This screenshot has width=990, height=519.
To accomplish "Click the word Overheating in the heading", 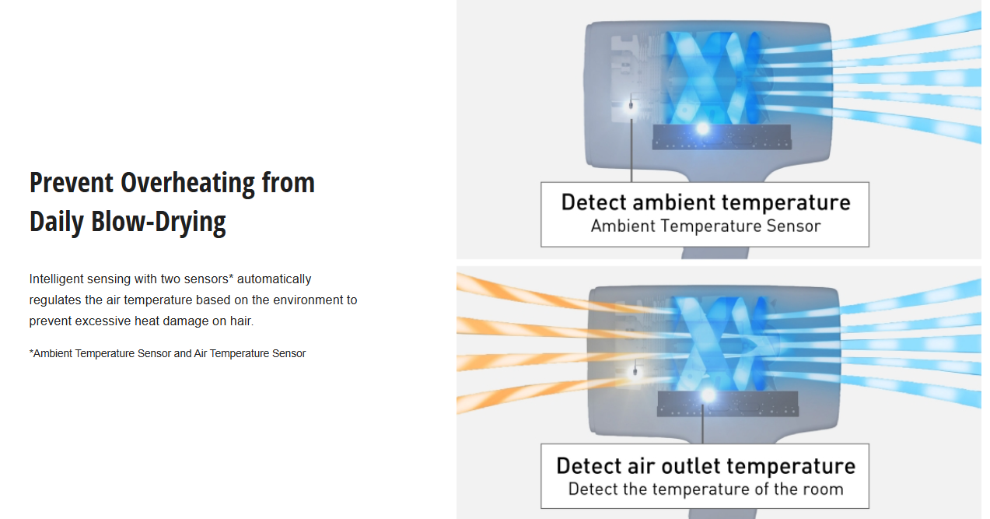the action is coord(187,184).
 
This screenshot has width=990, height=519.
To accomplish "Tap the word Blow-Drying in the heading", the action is coord(158,223).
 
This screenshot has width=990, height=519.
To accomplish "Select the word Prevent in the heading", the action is coord(71,183).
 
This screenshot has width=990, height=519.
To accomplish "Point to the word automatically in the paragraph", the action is coord(274,279).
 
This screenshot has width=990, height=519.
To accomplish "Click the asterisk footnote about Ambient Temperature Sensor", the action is coord(167,354).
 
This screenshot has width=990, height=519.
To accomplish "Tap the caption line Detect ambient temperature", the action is coord(706,203).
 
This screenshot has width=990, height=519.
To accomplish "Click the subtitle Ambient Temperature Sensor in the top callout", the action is coord(706,226).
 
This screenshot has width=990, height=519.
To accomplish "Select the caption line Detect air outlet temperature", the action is coord(706,466).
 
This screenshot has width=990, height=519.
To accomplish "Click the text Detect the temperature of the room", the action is coord(706,489).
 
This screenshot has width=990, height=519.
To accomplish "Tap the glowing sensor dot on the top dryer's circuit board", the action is coord(702,129).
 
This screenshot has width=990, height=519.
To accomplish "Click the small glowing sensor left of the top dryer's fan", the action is coord(631,106).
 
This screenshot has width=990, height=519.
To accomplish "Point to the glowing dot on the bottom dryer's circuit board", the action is coord(708,395).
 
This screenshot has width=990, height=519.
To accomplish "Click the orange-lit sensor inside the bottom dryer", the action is coord(635,372).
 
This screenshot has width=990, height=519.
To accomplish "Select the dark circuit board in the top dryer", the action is coord(722,137).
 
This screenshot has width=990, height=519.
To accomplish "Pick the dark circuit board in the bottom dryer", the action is coord(728,404).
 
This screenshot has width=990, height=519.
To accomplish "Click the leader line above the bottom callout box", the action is coord(703,423).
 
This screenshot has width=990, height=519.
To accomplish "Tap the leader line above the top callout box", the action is coord(631,150).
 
